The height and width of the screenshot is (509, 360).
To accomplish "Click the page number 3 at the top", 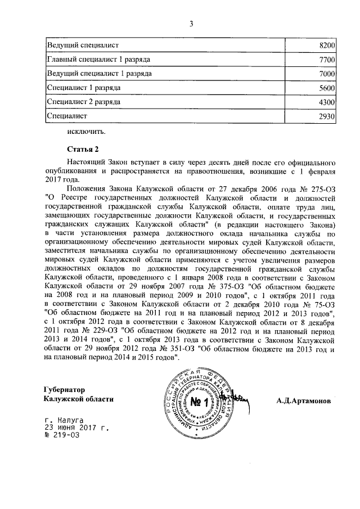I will tap(191, 24).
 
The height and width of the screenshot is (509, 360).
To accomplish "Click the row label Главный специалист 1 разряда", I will tap(93, 59).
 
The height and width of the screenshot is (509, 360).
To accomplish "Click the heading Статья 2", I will tap(83, 149).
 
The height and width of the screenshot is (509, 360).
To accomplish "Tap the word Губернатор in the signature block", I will tap(67, 389).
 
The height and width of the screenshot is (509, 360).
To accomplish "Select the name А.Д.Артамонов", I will tap(304, 402).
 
